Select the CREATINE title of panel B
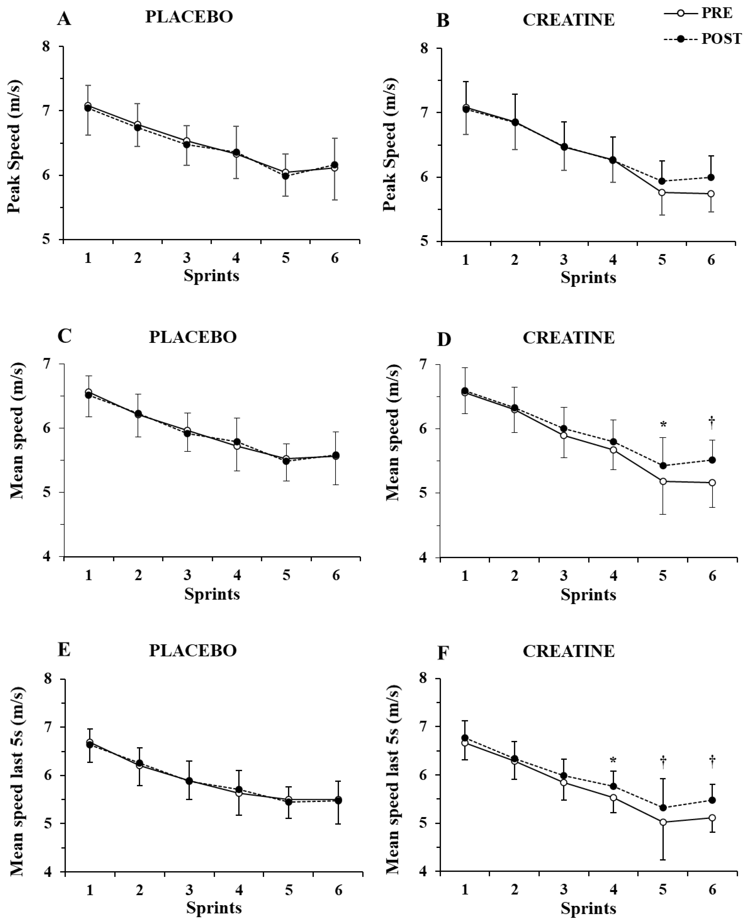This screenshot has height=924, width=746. pos(569,20)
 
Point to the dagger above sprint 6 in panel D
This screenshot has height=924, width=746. pos(712,422)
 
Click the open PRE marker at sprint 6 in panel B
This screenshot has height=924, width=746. pos(711,194)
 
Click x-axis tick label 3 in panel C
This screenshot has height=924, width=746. pos(187,575)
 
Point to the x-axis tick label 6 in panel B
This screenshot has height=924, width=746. pos(711,260)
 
